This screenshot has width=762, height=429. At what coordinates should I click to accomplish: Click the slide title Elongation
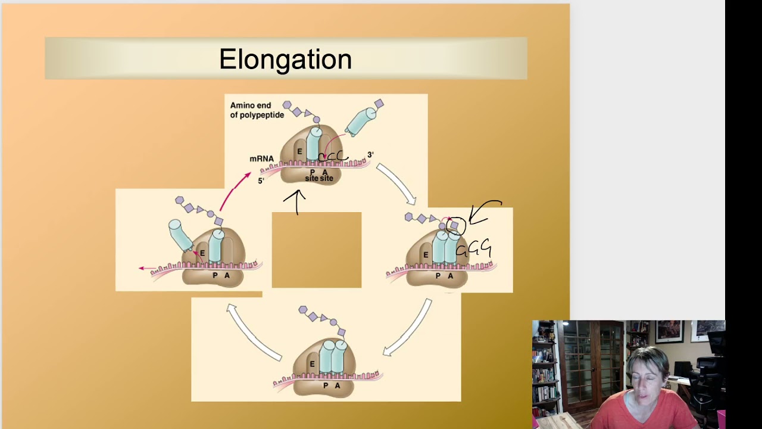[285, 60]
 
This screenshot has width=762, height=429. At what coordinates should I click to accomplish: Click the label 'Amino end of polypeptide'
[257, 110]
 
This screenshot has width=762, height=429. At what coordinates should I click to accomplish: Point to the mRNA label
[261, 159]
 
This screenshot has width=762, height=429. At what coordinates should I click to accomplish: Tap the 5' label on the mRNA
[261, 181]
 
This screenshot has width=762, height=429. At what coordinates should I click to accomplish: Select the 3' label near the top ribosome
[370, 155]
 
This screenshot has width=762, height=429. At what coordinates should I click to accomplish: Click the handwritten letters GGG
[474, 248]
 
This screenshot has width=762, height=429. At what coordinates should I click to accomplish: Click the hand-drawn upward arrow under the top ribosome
[295, 201]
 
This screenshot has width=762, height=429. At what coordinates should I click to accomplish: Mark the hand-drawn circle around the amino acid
[456, 226]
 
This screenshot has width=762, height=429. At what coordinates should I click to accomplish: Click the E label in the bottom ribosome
[312, 363]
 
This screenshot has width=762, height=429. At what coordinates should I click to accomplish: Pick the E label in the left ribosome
[202, 253]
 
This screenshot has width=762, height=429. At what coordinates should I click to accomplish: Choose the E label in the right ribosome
[425, 254]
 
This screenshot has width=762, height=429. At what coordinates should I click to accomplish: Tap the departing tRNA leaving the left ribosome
[180, 235]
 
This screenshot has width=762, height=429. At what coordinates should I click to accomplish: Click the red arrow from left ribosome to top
[235, 189]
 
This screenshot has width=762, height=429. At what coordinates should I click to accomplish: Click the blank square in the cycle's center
[316, 250]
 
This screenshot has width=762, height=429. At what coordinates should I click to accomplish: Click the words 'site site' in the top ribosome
[319, 178]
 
